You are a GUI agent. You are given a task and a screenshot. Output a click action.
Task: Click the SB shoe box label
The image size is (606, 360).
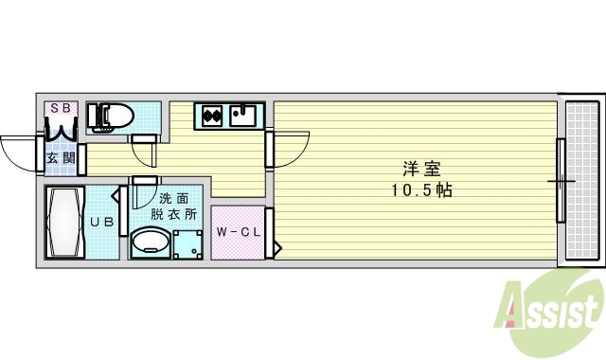[x=60, y=108]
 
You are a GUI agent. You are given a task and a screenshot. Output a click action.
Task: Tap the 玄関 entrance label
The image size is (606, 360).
[x=61, y=158]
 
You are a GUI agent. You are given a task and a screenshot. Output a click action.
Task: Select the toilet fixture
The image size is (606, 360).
[x=111, y=116]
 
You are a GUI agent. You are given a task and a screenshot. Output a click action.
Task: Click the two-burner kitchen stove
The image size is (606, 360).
[x=212, y=117]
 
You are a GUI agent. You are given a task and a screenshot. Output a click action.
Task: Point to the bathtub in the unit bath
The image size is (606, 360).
[x=64, y=223]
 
